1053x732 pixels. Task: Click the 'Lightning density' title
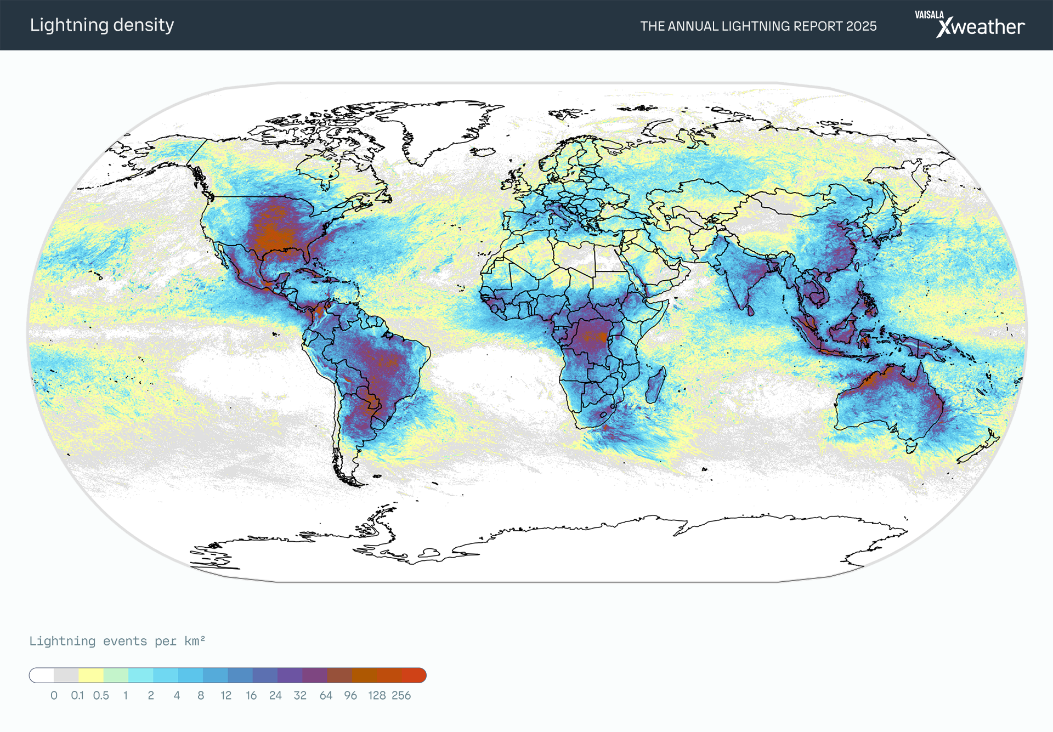pos(102,25)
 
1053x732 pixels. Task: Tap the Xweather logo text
pos(981,27)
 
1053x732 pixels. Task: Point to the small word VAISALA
pos(929,15)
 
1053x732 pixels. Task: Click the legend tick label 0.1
pos(77,696)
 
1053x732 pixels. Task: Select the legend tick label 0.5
pos(101,696)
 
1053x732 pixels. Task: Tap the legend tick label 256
pos(401,696)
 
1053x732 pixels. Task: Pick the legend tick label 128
pos(377,696)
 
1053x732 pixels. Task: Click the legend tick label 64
pos(326,696)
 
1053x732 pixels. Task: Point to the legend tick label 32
pos(300,696)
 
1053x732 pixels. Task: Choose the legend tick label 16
pos(251,696)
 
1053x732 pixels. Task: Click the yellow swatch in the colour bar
pos(91,676)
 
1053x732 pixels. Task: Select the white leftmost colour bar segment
pos(42,676)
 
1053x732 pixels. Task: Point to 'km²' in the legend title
pos(195,642)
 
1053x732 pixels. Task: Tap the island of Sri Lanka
pos(750,310)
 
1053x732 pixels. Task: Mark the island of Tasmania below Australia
pos(911,447)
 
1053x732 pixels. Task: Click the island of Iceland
pos(483,151)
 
